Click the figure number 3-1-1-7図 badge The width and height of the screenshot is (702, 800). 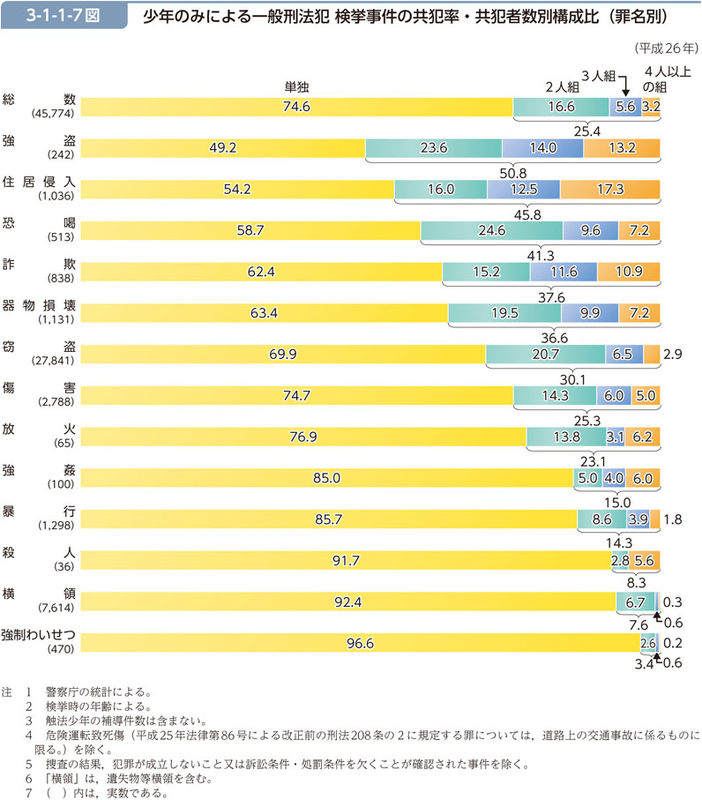(x=56, y=17)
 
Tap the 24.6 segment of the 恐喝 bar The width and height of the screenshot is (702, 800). (x=491, y=230)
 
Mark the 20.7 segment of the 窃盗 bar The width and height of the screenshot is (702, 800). (x=544, y=355)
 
